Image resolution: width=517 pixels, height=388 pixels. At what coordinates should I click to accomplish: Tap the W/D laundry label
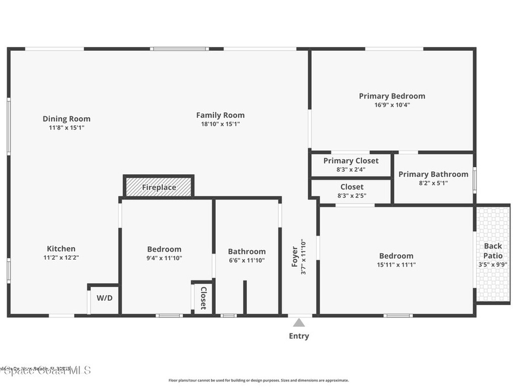click(105, 298)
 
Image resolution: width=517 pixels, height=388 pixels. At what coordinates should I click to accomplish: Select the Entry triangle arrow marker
click(299, 323)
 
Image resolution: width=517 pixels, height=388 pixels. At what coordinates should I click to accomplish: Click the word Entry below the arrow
click(299, 336)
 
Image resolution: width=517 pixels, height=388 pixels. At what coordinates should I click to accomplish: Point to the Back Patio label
click(493, 251)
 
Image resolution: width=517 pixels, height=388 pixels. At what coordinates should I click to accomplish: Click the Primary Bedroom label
click(392, 96)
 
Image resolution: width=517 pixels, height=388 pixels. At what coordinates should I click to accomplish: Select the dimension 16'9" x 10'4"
click(392, 105)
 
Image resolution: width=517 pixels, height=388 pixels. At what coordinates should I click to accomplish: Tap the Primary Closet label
click(351, 161)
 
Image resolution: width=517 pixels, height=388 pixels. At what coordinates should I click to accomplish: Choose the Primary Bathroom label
click(433, 174)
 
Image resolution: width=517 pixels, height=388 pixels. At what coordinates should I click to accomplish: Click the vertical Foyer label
click(295, 257)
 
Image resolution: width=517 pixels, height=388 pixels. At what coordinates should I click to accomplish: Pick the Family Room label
click(220, 115)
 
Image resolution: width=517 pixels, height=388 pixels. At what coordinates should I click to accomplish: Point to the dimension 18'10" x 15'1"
click(220, 124)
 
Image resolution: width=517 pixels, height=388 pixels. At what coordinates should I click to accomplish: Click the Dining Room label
click(66, 119)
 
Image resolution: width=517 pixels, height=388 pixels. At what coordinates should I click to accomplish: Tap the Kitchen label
click(61, 249)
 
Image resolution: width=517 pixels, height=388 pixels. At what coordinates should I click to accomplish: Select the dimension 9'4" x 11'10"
click(164, 258)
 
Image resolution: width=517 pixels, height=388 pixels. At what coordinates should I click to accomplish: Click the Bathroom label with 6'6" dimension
click(246, 252)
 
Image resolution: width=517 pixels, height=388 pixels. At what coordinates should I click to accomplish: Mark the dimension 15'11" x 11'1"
click(396, 264)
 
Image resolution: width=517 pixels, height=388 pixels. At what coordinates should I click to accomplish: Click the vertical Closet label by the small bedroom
click(203, 298)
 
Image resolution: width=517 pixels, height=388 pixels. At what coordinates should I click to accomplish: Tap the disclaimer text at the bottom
click(258, 380)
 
